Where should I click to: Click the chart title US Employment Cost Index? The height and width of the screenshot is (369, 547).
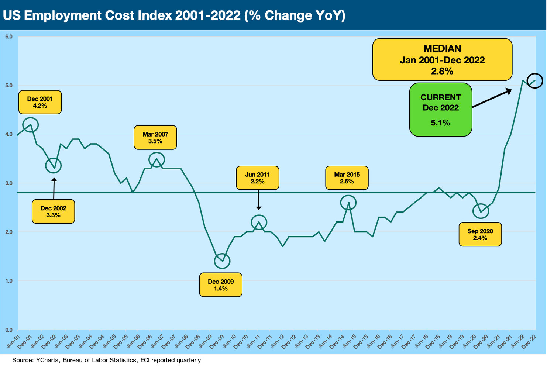click(173, 15)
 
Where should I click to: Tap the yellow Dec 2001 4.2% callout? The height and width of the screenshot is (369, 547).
click(40, 102)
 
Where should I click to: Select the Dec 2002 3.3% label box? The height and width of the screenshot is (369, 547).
click(53, 211)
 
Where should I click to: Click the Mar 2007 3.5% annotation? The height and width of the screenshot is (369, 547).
click(155, 138)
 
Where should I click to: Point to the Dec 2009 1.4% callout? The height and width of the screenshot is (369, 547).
click(220, 285)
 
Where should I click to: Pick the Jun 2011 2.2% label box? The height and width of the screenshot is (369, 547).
click(257, 178)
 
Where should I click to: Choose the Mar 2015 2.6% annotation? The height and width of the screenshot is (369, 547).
click(347, 178)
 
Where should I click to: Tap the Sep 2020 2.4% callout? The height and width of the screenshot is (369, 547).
click(480, 234)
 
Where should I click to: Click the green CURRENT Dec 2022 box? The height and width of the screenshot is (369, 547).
click(440, 110)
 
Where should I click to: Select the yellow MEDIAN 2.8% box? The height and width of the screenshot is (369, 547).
click(442, 59)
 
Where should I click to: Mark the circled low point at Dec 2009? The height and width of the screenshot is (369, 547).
click(222, 261)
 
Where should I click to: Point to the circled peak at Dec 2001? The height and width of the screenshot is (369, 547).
click(30, 125)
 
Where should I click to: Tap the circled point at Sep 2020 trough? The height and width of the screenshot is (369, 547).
click(481, 211)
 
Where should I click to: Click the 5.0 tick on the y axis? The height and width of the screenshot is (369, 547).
click(9, 86)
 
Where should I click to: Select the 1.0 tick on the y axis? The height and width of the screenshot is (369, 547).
click(9, 281)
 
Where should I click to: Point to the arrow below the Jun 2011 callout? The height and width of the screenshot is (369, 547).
click(258, 200)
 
